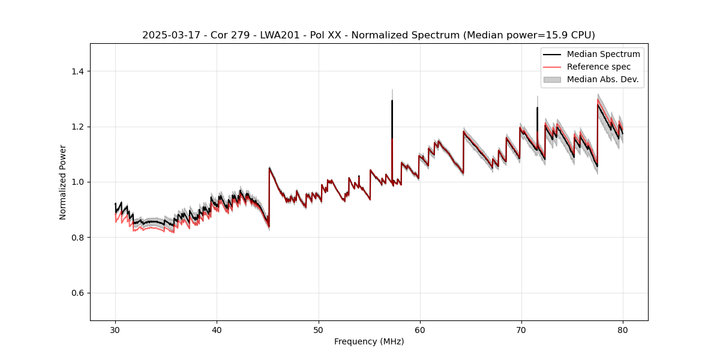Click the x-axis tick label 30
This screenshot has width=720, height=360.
coord(115,329)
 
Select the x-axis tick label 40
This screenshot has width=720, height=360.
coord(217,329)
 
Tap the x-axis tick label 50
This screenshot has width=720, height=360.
coord(318,329)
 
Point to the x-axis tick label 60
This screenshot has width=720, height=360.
coord(419,329)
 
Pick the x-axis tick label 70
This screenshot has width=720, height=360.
coord(521,329)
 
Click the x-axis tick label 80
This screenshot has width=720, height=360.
coord(622,329)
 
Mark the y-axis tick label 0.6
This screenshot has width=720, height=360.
coord(77,293)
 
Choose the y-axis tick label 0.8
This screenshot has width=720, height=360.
coord(77,238)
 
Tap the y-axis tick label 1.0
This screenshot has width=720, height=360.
coord(77,182)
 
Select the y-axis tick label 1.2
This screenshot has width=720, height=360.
coord(77,127)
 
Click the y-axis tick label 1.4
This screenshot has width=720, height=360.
coord(77,71)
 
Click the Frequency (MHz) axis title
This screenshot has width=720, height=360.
coord(369,341)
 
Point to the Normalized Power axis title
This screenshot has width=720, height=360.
coord(63,182)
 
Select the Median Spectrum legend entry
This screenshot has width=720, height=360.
coord(603,54)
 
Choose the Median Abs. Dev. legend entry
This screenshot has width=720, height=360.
coord(603,79)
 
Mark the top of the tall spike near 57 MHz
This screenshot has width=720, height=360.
coord(392,100)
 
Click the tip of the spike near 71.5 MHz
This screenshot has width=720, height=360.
coord(537,108)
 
